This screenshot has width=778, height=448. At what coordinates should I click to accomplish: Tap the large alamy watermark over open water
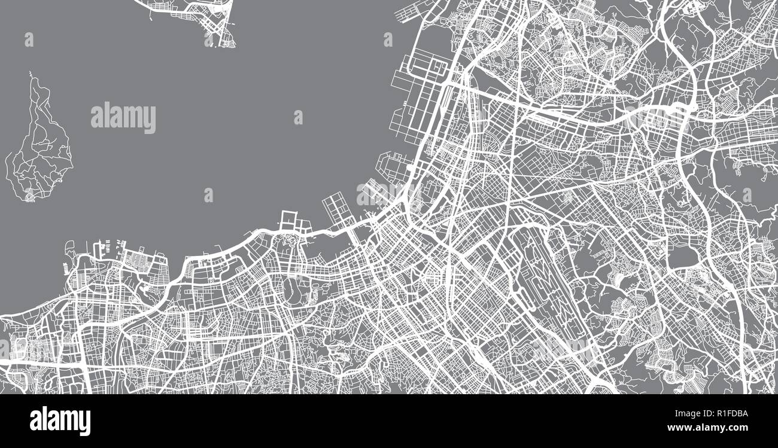click(x=123, y=118)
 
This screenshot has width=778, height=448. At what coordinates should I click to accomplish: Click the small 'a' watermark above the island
click(x=29, y=39)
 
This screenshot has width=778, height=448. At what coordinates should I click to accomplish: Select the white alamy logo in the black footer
click(x=60, y=420)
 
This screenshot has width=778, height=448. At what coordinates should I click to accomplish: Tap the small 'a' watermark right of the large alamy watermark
click(x=298, y=117)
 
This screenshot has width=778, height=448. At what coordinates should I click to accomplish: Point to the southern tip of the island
click(x=29, y=197)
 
